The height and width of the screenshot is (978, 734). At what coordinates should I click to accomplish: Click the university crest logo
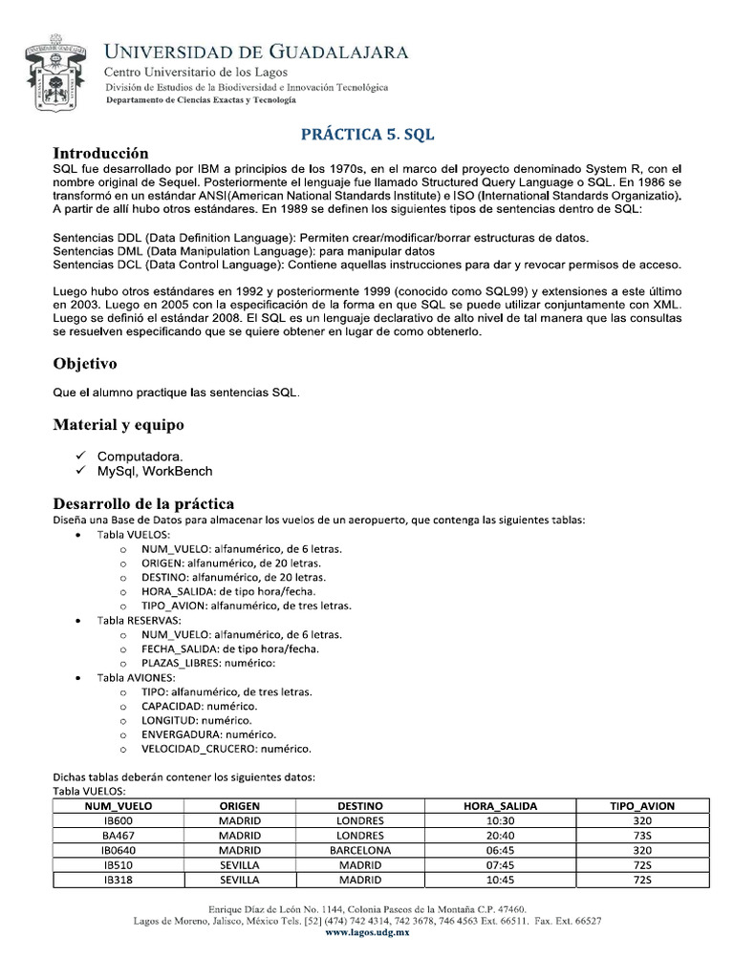59,76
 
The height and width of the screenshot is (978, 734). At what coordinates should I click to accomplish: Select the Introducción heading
100,153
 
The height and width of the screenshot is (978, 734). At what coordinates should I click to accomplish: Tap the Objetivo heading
85,364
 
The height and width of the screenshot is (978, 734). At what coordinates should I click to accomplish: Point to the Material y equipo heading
119,424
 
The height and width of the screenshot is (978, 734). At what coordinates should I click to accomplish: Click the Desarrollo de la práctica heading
143,503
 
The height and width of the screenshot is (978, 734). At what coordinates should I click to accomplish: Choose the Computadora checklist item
140,456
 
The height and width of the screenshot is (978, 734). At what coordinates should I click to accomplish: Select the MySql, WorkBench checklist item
155,471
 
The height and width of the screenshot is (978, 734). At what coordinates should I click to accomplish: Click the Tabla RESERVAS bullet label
140,620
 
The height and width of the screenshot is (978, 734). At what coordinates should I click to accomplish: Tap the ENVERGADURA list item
208,734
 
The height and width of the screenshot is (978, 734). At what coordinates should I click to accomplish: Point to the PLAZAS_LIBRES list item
208,663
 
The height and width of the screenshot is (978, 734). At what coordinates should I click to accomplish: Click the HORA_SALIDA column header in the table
500,806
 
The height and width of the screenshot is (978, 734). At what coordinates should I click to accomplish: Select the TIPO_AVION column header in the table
641,806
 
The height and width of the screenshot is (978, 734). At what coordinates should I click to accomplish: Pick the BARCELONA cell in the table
360,850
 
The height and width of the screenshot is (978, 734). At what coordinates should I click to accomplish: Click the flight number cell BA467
119,836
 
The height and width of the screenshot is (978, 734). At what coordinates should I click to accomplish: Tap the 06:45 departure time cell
500,850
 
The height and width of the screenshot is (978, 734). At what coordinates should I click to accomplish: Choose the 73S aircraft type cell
641,836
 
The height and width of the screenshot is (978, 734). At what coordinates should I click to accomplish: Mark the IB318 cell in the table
119,880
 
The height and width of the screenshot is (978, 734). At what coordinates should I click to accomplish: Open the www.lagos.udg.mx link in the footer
367,932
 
